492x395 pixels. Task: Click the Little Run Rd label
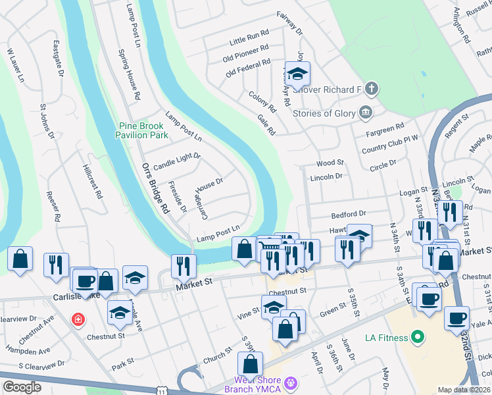(249, 36)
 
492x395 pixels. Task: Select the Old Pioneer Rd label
(246, 51)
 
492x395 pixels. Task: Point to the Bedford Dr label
(348, 215)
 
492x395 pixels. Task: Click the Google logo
(22, 387)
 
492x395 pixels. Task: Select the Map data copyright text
(464, 389)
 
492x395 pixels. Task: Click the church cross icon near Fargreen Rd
(372, 88)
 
